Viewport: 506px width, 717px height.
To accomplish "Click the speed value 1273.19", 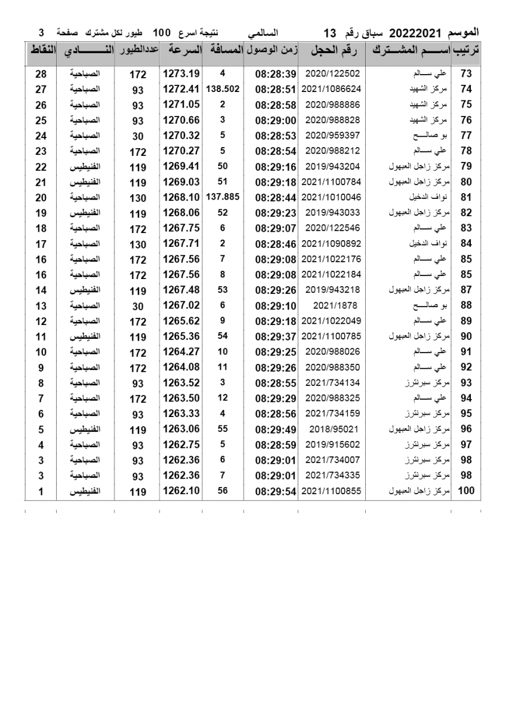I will (181, 74).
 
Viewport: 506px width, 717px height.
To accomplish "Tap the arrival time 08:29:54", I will (276, 491).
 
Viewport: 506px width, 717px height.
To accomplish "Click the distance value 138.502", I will (223, 88).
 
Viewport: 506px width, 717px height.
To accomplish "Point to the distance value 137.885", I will (223, 197).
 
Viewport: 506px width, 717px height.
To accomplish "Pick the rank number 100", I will (465, 491).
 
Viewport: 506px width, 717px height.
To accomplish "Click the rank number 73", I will (465, 74).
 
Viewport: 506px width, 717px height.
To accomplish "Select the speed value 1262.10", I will (181, 491).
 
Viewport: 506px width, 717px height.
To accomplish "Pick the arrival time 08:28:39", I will (276, 74).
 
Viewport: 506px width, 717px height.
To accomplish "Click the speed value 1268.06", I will (181, 213).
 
